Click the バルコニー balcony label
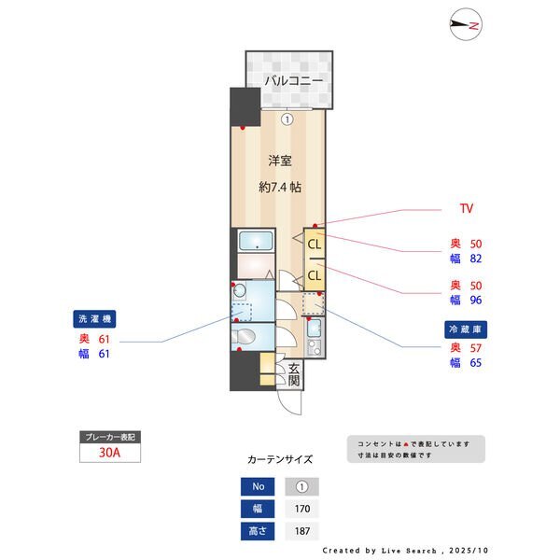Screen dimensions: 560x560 (x=293, y=81)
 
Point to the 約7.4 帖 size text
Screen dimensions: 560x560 (x=279, y=187)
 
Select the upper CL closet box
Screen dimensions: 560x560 (x=315, y=245)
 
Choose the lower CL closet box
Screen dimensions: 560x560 (x=315, y=275)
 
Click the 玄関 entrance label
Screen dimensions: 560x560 (x=293, y=374)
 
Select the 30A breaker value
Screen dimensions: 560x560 (x=111, y=453)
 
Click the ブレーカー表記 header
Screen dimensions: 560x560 (x=111, y=437)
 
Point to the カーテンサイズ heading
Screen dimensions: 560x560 (x=280, y=459)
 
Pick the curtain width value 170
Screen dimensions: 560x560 (x=301, y=510)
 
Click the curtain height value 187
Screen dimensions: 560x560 (x=301, y=532)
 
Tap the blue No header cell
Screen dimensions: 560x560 (x=258, y=486)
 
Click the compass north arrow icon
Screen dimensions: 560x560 (x=465, y=26)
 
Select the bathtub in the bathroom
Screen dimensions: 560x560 (x=253, y=242)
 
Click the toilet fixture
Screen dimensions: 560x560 (x=245, y=335)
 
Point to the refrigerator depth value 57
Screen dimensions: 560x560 (x=475, y=347)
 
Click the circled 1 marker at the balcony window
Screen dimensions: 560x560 (x=287, y=119)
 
